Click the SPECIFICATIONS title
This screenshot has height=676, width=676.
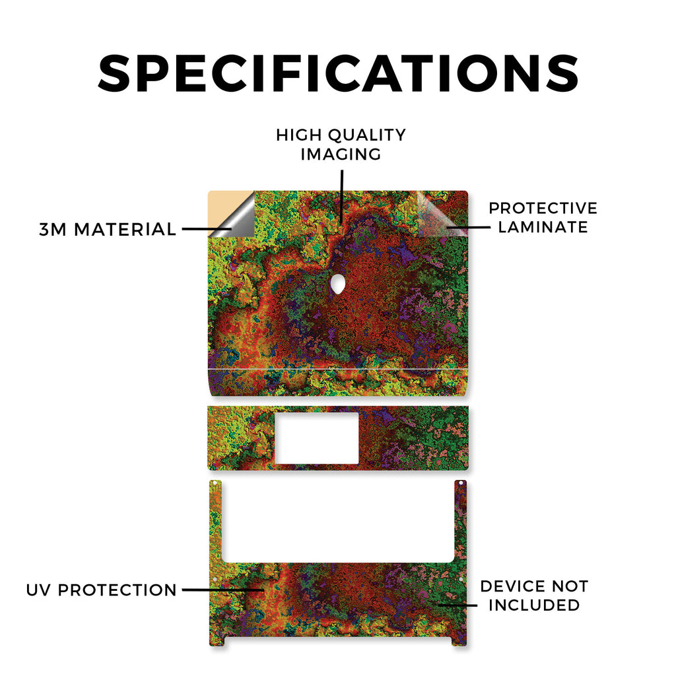click(339, 73)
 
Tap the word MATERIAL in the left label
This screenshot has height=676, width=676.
click(125, 229)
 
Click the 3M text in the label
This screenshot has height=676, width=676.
click(53, 229)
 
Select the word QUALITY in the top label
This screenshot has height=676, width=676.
click(367, 135)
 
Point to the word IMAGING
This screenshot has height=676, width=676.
click(341, 154)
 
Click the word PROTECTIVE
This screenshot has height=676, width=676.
click(543, 208)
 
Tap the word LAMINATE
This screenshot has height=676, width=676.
click(543, 227)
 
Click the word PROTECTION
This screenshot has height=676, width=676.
click(118, 590)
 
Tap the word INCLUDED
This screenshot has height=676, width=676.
click(534, 605)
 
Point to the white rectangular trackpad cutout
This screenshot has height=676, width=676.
click(317, 438)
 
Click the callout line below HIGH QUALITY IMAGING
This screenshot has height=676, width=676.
click(342, 197)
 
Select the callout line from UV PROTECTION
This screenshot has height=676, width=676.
click(223, 590)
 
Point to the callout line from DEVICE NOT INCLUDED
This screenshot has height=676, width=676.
click(458, 605)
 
